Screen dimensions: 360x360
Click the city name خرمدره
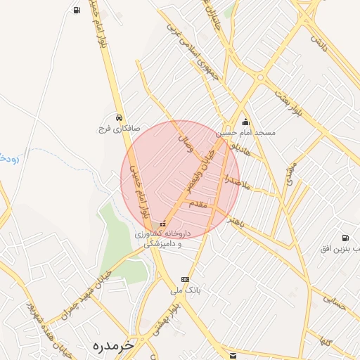tap(112, 345)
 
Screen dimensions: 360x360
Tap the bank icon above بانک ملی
tap(185, 279)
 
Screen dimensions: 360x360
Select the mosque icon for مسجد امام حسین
tap(245, 122)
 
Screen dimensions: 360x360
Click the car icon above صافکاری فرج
tap(120, 117)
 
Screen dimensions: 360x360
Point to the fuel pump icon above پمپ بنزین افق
tap(345, 238)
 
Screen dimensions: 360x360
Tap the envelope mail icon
tap(233, 355)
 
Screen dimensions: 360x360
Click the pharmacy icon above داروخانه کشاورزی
tap(163, 224)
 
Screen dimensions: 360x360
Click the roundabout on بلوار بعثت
tap(260, 77)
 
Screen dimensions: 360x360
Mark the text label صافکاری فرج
tap(119, 129)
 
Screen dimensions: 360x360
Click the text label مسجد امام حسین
tap(245, 133)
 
